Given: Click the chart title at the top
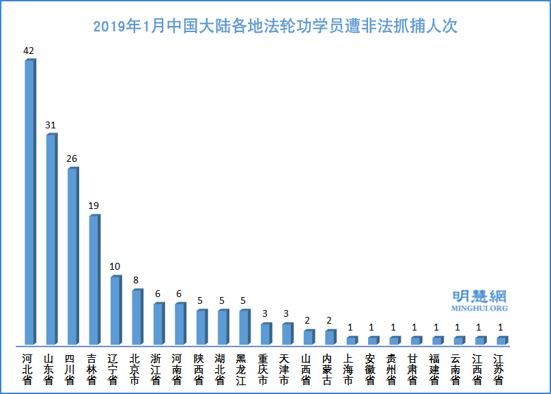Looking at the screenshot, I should pos(275,27).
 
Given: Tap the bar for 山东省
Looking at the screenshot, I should pos(51,239).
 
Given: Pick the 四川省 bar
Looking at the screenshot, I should pos(72,256).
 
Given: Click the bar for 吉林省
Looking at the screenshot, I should pos(94,280).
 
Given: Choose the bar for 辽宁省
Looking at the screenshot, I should pos(115,310).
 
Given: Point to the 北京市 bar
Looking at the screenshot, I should pos(137,317).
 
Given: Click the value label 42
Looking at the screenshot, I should pos(29,51).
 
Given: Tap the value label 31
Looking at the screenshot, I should pos(51,125).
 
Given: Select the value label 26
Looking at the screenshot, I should pos(72,158).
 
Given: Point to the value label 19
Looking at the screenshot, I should pos(94,206).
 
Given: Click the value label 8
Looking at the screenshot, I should pos(137,280).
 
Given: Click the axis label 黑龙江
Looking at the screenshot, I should pos(242,369).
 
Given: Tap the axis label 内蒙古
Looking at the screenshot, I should pos(328,369).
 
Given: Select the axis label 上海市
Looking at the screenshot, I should pos(349,369).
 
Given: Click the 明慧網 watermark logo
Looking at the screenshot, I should pos(479,296).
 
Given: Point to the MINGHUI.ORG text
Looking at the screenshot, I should pos(479,309).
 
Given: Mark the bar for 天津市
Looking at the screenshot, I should pos(286,334).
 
